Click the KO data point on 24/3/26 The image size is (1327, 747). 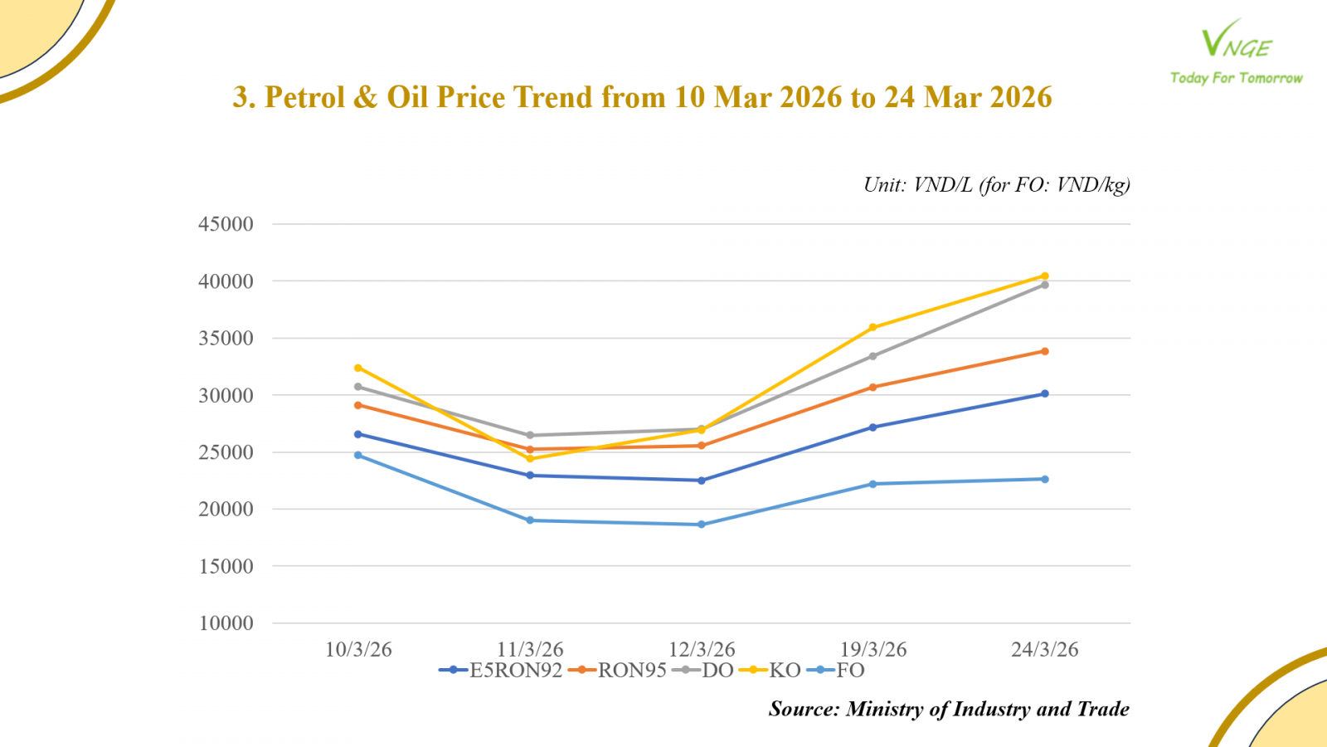(x=1045, y=276)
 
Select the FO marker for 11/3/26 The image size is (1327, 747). (x=530, y=520)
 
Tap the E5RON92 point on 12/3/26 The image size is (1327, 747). (x=702, y=481)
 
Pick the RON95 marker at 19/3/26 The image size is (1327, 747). (x=873, y=387)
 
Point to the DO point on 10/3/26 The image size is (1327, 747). (x=358, y=387)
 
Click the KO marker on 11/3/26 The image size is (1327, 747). (x=530, y=459)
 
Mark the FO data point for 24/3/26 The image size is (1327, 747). (x=1045, y=479)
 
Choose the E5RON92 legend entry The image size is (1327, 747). (x=501, y=671)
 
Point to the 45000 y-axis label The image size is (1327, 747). (x=226, y=224)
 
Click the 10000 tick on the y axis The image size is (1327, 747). (x=226, y=623)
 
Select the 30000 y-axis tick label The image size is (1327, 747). (x=226, y=396)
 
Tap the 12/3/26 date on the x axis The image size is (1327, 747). (x=702, y=650)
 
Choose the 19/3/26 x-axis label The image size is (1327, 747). (x=873, y=650)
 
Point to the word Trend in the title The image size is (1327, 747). (x=552, y=98)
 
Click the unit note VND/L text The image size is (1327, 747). (x=942, y=185)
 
